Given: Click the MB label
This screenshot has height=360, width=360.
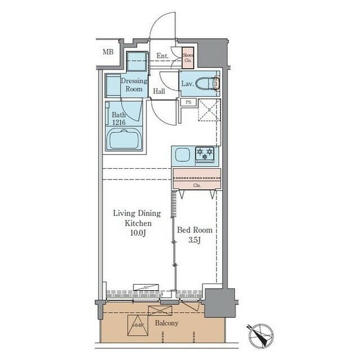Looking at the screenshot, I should click(107, 52).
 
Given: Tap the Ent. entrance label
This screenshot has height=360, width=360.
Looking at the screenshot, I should click(163, 56).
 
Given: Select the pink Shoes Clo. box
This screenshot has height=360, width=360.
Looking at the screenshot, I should click(188, 57).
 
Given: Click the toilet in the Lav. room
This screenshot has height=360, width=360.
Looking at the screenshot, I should click(212, 83).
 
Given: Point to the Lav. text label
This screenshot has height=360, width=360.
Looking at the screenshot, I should click(188, 84).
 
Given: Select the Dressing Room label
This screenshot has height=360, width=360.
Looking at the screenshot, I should click(134, 85).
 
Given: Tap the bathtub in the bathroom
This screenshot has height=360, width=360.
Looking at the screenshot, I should click(124, 138).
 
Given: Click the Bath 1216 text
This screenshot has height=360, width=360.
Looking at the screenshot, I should click(118, 117).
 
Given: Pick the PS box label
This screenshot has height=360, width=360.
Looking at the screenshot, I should click(187, 102).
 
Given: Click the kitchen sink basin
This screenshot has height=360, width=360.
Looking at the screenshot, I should click(183, 154).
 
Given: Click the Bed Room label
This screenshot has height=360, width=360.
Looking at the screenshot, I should click(194, 231).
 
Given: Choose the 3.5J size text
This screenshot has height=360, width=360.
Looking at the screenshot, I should click(195, 241).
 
